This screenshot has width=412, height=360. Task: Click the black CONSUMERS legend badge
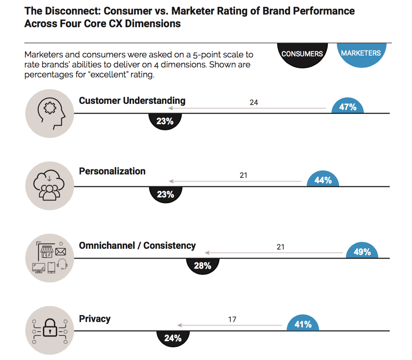click(302, 54)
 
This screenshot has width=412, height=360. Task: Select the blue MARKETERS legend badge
click(361, 53)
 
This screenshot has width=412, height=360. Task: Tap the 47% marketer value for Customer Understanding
click(348, 107)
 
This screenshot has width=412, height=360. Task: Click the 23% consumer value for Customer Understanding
click(165, 122)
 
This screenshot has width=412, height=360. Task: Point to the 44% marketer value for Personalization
click(323, 180)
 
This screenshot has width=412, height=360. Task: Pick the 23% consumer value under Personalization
click(165, 194)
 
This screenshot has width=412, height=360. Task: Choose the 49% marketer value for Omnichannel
click(362, 252)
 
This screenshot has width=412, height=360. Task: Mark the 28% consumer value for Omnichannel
click(202, 266)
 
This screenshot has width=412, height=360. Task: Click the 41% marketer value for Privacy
click(303, 324)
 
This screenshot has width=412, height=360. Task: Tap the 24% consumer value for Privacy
click(172, 338)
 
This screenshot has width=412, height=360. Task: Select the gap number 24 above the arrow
click(254, 102)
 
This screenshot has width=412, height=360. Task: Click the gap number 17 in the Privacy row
click(232, 319)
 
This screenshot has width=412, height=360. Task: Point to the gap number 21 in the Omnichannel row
click(281, 247)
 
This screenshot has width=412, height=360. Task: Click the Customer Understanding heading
click(132, 101)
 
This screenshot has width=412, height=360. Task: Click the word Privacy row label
click(94, 319)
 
